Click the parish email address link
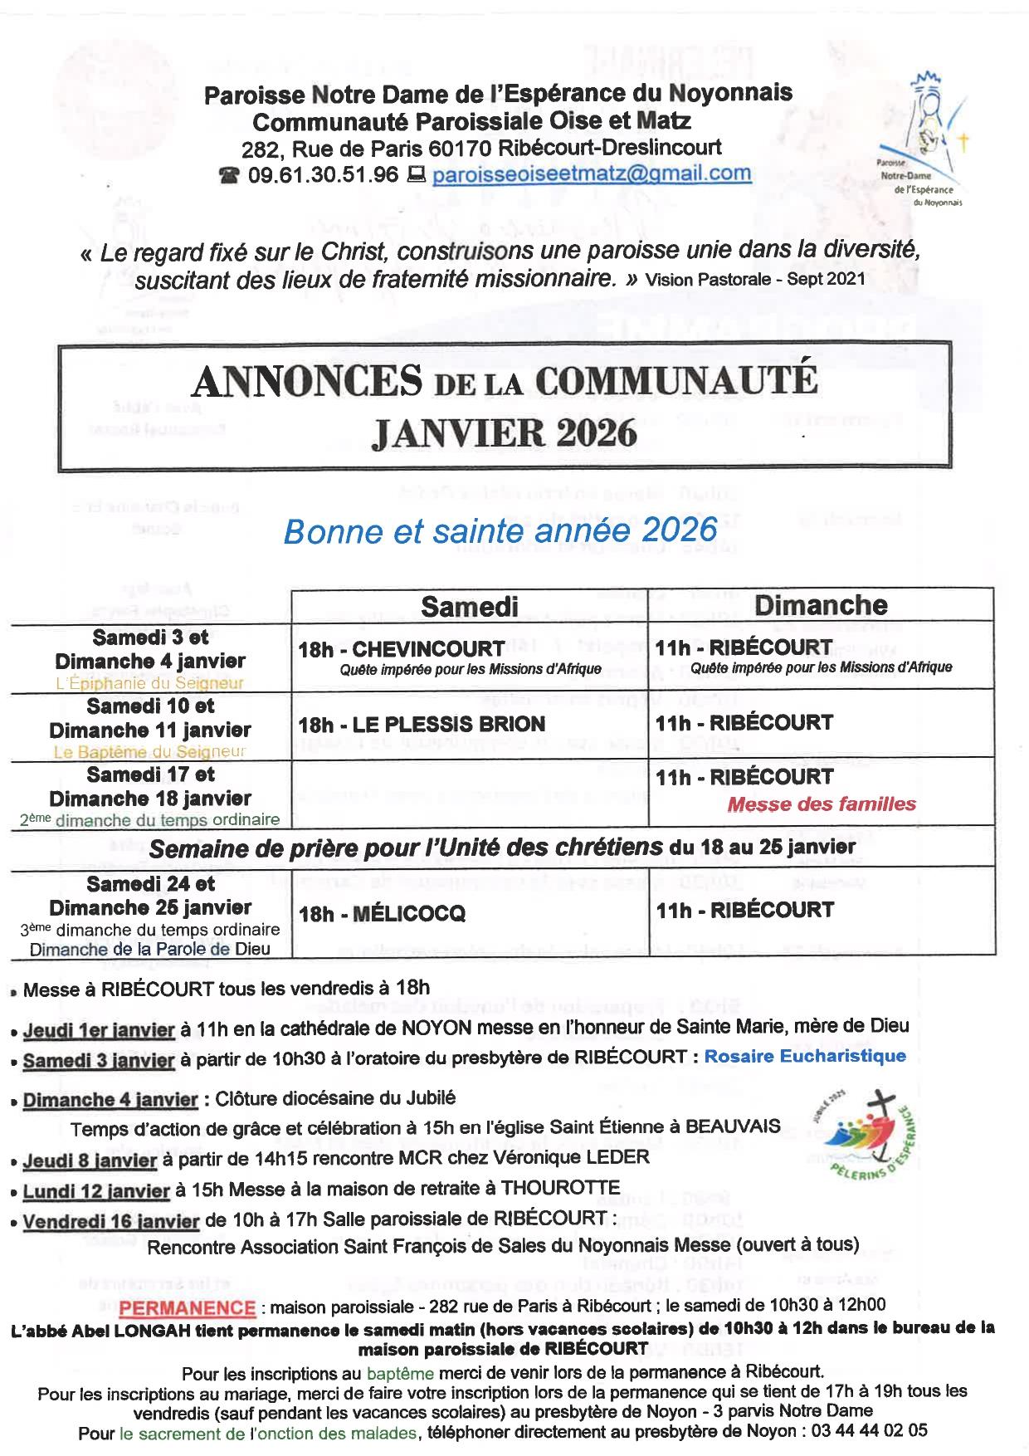(592, 173)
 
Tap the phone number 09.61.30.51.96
(323, 174)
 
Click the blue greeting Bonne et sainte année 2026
(500, 530)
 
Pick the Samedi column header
(469, 605)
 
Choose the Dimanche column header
(821, 605)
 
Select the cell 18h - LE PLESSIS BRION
(422, 724)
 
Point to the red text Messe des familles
(821, 804)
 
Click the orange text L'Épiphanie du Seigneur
(150, 683)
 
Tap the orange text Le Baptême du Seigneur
(150, 752)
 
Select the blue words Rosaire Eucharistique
(804, 1056)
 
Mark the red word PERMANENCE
(187, 1307)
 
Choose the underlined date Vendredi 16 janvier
(111, 1221)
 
